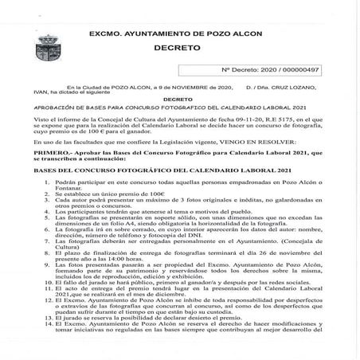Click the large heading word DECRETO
179,49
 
